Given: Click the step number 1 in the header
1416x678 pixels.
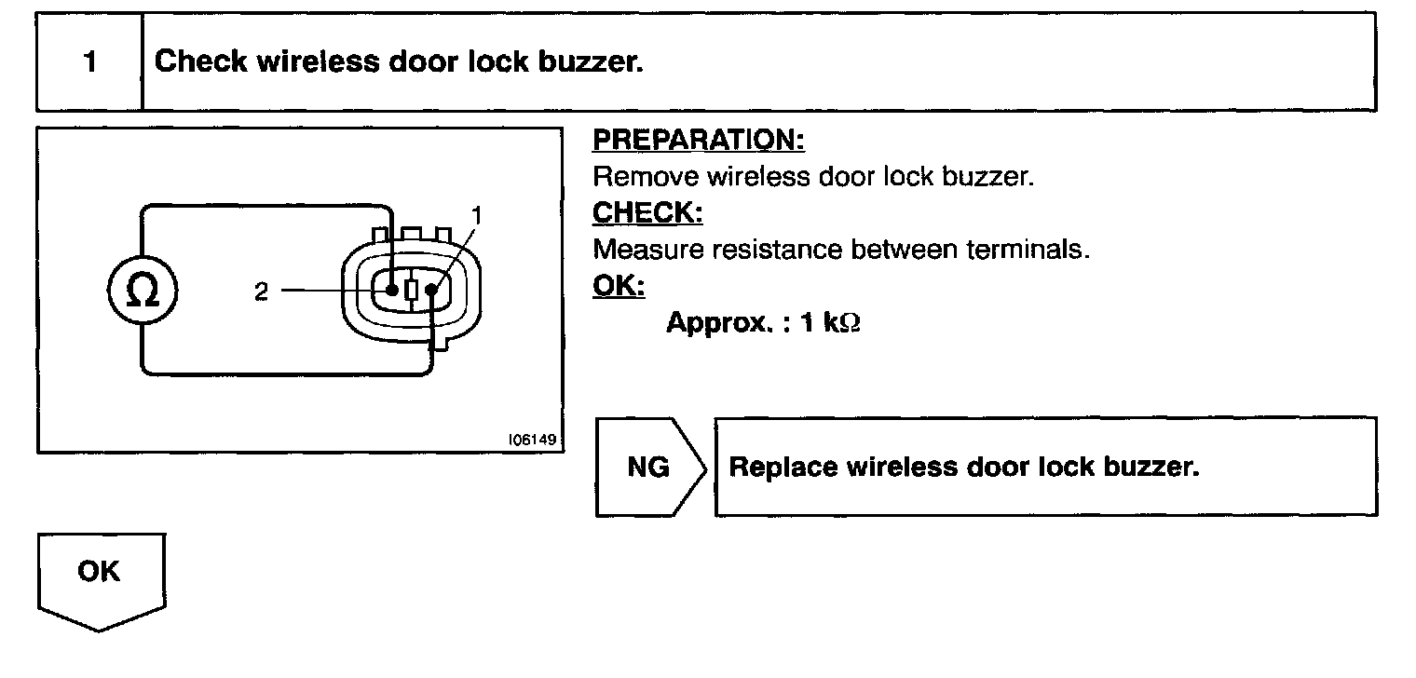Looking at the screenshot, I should pos(89,62).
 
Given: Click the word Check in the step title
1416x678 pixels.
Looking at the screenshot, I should pos(200,62).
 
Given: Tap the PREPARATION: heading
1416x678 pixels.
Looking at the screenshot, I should pos(699,141).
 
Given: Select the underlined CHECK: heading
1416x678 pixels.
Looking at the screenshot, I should pos(647,213).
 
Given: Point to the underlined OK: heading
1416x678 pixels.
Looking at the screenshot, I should pos(618,287).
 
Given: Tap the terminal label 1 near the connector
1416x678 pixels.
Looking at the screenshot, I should pos(476,216).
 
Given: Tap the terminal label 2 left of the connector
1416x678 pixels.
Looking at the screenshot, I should pos(262,292).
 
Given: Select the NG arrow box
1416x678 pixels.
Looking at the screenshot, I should pos(649,467).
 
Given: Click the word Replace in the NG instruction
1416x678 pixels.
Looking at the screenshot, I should pos(783,467).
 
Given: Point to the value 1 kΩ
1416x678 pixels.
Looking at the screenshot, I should pos(831,323).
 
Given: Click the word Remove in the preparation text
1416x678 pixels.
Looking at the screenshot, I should pos(646,177).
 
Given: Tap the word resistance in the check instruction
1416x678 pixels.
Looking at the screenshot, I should pos(777,250).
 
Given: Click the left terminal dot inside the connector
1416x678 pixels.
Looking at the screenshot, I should pos(393,290).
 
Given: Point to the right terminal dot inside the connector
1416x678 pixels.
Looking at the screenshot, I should pos(431,290).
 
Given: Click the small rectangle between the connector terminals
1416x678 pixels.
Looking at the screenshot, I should pos(412,290).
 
